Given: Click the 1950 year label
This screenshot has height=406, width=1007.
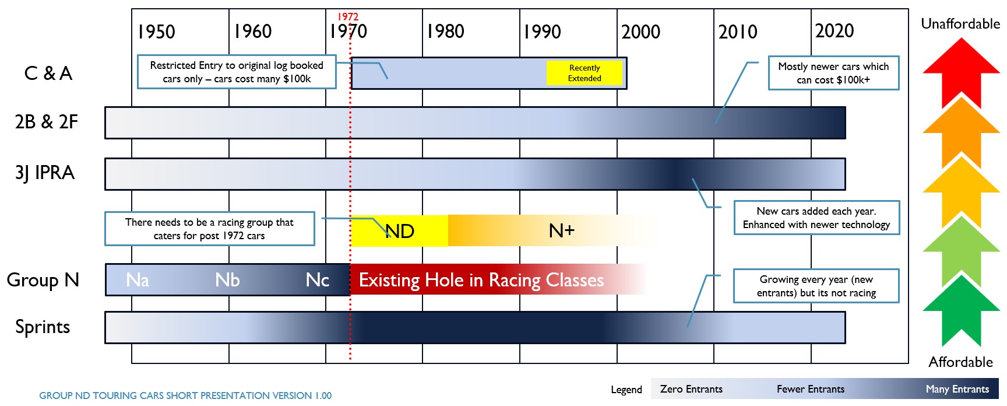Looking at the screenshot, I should click(x=156, y=32).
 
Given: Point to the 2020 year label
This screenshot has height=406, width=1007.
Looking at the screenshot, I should click(x=835, y=31).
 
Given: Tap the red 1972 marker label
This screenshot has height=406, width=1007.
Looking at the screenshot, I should click(x=348, y=17).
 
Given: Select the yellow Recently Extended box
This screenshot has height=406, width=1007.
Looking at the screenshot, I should click(x=585, y=73).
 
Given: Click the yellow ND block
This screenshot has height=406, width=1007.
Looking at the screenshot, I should click(x=400, y=231).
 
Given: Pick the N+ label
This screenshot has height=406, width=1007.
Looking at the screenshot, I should click(x=562, y=231).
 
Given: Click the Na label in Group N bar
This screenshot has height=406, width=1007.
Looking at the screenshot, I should click(x=138, y=280).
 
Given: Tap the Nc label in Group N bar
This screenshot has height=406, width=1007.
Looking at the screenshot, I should click(x=318, y=280).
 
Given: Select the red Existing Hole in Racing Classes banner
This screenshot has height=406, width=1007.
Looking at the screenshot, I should click(x=481, y=280).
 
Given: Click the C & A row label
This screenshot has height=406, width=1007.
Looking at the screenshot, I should click(x=48, y=73).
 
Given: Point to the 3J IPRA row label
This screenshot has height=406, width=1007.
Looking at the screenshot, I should click(x=45, y=173).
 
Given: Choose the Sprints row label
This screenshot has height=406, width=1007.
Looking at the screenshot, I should click(x=43, y=327).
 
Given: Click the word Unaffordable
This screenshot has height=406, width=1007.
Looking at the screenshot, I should click(x=960, y=24).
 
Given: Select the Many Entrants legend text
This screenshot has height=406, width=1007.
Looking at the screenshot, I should click(x=957, y=389).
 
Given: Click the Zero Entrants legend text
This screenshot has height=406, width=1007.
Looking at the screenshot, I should click(x=691, y=389).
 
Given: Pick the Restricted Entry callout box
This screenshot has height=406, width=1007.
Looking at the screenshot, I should click(x=237, y=72).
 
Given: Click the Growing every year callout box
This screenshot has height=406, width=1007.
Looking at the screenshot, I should click(x=816, y=286).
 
